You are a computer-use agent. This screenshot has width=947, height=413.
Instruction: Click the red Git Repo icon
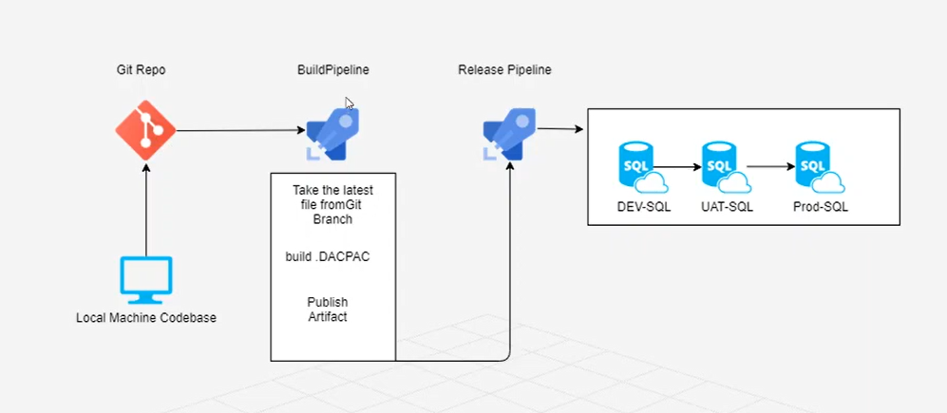(x=145, y=130)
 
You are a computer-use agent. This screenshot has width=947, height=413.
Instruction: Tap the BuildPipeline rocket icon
(x=331, y=132)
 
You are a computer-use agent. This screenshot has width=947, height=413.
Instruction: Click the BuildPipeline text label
(x=332, y=70)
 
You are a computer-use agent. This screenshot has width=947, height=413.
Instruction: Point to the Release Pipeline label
(x=504, y=70)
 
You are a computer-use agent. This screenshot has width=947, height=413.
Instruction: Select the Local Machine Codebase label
(x=146, y=317)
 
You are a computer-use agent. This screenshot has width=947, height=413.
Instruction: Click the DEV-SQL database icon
(x=637, y=167)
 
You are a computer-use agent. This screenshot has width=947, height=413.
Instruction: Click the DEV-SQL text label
(x=643, y=207)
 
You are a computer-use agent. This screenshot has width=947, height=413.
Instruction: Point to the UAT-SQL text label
(x=726, y=207)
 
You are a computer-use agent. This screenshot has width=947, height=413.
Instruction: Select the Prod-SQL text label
(x=822, y=207)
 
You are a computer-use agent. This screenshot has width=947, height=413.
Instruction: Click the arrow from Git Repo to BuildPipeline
(x=237, y=131)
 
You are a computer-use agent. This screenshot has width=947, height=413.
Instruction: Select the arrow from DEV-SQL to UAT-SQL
(x=678, y=167)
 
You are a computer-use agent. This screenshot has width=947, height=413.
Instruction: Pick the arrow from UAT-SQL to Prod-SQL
(x=770, y=167)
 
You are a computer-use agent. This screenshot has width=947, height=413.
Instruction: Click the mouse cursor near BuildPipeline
(x=349, y=103)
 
